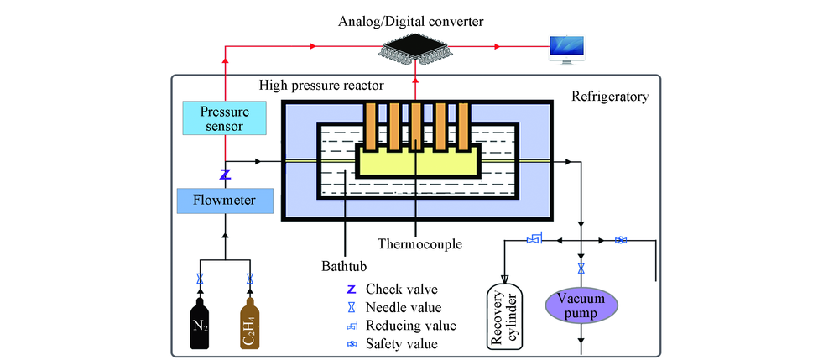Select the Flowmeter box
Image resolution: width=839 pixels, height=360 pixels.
pos(225,201)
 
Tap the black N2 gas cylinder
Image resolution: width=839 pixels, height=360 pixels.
pos(200,323)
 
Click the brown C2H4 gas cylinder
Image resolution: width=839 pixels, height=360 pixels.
pos(250,323)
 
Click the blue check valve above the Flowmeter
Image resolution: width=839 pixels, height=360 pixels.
pos(225,175)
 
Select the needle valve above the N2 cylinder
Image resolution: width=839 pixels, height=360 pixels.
pos(200,279)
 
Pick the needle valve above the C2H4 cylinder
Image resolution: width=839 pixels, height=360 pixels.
pos(250,279)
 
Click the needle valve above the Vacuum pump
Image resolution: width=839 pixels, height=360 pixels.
pos(580,269)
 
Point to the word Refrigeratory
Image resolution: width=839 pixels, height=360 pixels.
pos(610,97)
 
